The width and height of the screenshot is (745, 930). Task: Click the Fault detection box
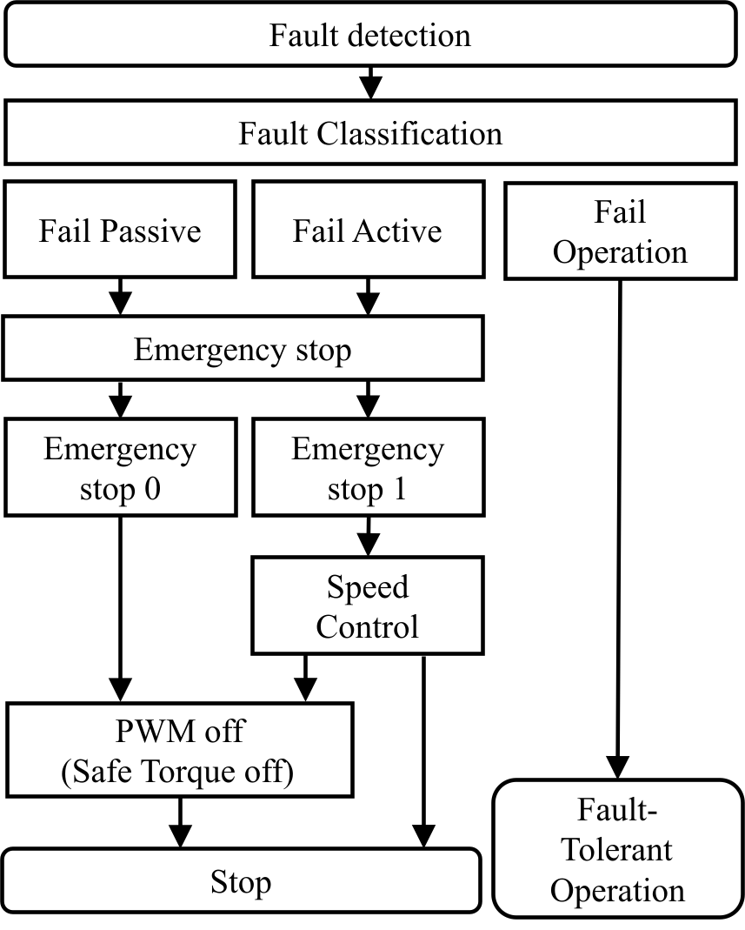click(370, 35)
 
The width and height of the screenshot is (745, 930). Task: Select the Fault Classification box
click(370, 134)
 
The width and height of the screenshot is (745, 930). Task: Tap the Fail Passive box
click(120, 230)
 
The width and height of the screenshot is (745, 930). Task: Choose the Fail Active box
click(368, 230)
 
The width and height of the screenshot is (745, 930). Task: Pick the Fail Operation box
click(620, 232)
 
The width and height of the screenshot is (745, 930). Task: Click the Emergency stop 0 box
click(120, 468)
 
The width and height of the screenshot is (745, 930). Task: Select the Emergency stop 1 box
click(368, 468)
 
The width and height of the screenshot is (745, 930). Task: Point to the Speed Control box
click(368, 606)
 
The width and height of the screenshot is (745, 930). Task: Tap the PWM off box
click(179, 750)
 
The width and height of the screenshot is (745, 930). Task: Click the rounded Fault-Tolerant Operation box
click(618, 849)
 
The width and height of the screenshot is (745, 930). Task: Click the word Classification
click(409, 134)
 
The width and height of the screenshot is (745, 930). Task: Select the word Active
click(397, 231)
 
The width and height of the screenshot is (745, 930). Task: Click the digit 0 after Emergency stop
click(152, 489)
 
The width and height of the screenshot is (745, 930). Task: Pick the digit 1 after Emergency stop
click(399, 489)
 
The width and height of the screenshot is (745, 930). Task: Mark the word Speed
click(368, 587)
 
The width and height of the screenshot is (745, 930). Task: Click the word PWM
click(146, 731)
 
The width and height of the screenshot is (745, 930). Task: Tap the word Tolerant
click(617, 849)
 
